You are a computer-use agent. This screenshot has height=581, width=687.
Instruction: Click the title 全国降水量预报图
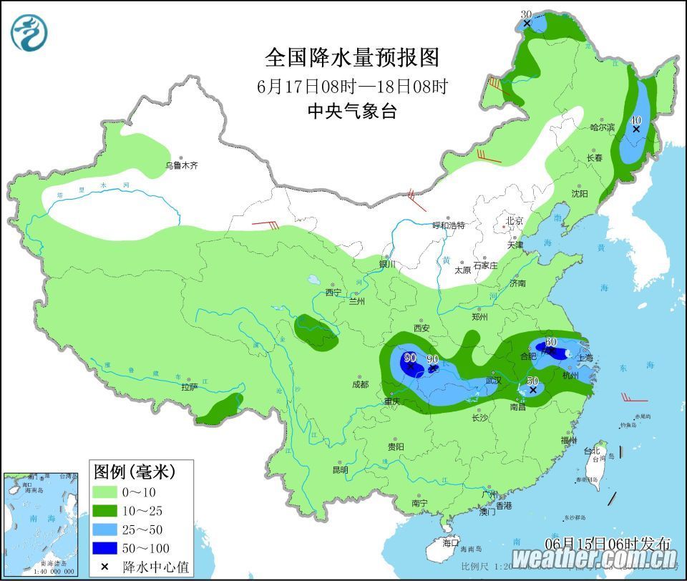[351, 57]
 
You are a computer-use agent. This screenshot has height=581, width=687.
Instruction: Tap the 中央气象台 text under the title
[351, 111]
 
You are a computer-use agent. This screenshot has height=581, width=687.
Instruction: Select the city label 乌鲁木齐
[181, 165]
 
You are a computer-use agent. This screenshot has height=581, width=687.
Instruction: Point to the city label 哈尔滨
[602, 127]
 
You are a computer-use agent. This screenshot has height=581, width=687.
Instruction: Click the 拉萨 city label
[189, 387]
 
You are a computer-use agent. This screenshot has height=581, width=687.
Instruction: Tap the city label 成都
[360, 384]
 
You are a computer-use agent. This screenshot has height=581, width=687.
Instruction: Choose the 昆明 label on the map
[340, 470]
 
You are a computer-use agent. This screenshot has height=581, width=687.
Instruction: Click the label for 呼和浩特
[449, 225]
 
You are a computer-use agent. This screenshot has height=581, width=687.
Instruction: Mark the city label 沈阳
[580, 193]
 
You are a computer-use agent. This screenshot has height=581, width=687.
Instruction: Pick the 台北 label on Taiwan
[592, 451]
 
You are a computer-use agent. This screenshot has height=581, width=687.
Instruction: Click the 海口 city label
[450, 543]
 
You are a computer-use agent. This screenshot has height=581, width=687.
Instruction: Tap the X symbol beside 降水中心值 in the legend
[105, 567]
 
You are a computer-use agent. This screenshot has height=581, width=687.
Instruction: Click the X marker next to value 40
[636, 130]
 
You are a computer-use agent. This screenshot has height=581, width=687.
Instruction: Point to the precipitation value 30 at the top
[526, 14]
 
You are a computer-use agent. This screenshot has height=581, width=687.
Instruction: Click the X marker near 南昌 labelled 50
[532, 391]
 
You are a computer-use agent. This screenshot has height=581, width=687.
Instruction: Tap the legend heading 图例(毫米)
[134, 472]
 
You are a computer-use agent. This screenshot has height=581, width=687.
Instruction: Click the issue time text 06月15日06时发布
[608, 543]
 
